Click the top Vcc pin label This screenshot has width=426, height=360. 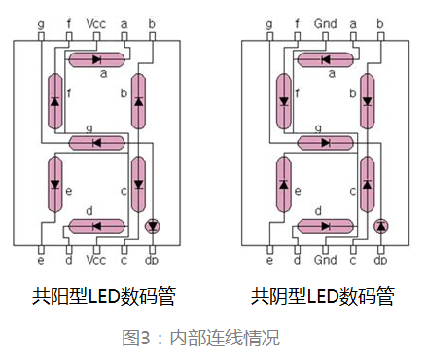(x=97, y=20)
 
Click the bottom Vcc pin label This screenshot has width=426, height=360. (x=97, y=261)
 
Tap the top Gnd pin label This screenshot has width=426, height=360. (x=326, y=20)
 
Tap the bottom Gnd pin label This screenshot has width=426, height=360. (x=326, y=261)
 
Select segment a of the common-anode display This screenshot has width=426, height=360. (x=97, y=59)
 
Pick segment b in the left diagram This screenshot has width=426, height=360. (x=138, y=101)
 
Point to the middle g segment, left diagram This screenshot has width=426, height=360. (x=97, y=142)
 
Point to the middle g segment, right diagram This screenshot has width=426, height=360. (x=326, y=142)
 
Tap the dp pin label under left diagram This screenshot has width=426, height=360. (x=152, y=261)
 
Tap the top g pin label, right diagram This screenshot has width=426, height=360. (x=269, y=20)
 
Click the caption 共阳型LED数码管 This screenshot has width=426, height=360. (x=97, y=294)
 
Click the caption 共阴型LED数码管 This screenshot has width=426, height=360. (x=326, y=294)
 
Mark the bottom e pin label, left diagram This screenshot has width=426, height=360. (x=41, y=261)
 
